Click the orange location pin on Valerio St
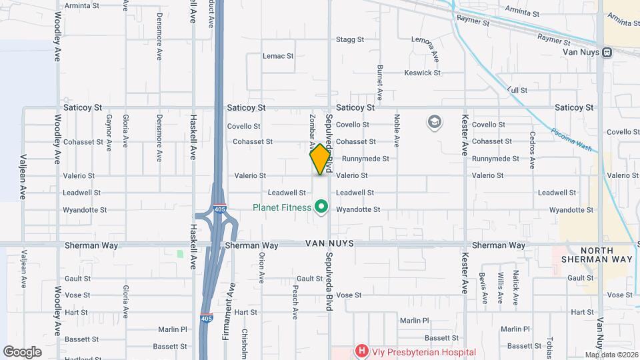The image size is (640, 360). pos(320,159)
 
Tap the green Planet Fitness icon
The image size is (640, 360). pos(321,207)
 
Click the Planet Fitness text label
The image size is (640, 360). pos(282,207)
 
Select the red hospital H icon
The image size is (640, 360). pos(361,351)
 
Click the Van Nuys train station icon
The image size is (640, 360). pos(607,52)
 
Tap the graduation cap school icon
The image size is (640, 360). pos(435,122)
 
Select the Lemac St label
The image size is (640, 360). pos(278,56)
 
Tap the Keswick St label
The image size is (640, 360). pos(423,73)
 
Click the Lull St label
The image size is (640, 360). pos(517,89)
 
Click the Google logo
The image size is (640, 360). pos(22,351)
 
